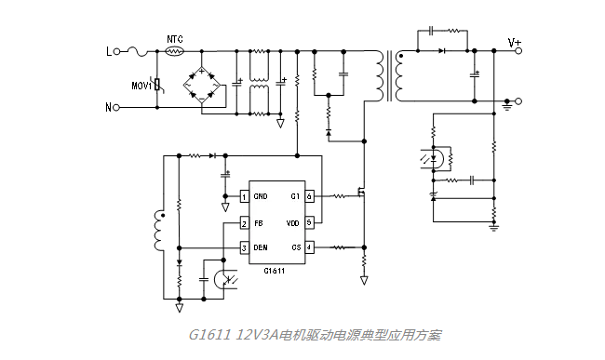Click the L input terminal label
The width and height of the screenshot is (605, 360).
click(108, 52)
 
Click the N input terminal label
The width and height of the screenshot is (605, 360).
click(108, 107)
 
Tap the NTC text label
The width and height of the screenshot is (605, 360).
click(173, 39)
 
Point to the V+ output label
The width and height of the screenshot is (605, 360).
click(515, 42)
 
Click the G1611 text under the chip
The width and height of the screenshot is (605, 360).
click(274, 272)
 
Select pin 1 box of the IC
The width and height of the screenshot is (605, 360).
click(244, 196)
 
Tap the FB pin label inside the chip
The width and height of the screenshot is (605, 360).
click(258, 223)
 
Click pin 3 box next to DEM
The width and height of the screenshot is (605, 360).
click(244, 247)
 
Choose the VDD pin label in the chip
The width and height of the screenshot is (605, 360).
click(291, 223)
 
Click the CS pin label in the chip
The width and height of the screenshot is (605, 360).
click(294, 247)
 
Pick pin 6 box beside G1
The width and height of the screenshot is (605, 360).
click(309, 196)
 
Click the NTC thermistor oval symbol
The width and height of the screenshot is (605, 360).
click(173, 52)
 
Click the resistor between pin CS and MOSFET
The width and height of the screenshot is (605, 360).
click(338, 247)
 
